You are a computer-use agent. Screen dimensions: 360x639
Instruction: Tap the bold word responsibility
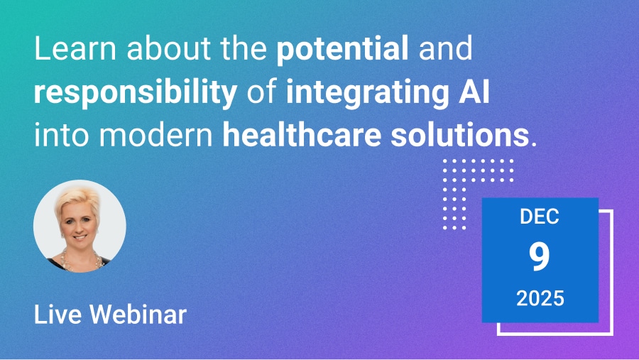[135, 94]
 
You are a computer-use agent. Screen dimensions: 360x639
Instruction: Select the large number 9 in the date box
[540, 257]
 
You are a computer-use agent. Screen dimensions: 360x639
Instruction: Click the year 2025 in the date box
[540, 298]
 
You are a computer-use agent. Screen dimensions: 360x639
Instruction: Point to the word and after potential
[445, 51]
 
